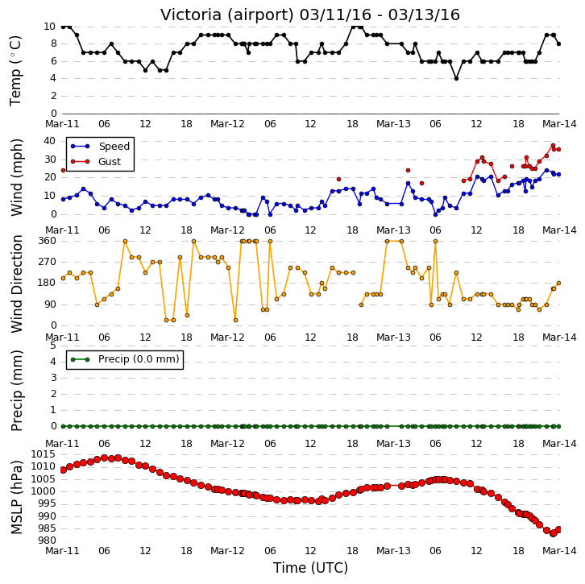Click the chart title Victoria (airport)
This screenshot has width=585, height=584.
click(x=227, y=15)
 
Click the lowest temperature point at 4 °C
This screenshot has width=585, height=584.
click(x=456, y=79)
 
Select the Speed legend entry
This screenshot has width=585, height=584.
click(x=100, y=146)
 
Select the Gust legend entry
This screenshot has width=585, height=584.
click(x=96, y=161)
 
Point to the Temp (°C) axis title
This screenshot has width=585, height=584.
click(x=15, y=71)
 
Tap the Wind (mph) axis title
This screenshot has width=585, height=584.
click(x=17, y=177)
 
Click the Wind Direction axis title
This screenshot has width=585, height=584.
click(x=17, y=284)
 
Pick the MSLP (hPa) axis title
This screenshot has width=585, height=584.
click(x=17, y=497)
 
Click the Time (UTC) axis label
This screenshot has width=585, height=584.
click(x=310, y=568)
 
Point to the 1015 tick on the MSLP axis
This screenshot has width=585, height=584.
click(x=44, y=454)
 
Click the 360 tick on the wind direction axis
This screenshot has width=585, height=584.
click(x=47, y=241)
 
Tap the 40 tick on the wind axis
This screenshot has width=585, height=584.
click(x=50, y=141)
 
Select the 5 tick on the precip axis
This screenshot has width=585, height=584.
click(x=53, y=346)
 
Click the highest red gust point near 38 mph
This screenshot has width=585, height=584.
click(x=553, y=146)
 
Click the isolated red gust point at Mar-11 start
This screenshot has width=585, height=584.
click(x=63, y=171)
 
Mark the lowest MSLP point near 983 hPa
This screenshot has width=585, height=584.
click(x=554, y=533)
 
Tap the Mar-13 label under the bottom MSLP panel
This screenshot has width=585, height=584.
click(x=393, y=551)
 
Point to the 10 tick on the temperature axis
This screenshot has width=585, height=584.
click(x=50, y=27)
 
